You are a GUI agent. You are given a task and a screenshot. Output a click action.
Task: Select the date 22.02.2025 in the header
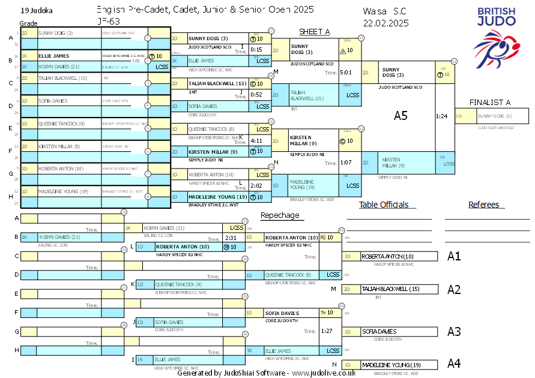(386, 23)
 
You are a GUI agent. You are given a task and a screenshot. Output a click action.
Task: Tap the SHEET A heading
(314, 32)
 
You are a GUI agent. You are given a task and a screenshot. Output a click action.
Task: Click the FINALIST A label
(489, 103)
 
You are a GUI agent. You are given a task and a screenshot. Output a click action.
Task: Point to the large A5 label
(400, 116)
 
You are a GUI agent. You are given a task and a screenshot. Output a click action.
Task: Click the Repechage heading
(279, 215)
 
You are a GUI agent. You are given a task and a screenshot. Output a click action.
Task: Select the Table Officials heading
(384, 205)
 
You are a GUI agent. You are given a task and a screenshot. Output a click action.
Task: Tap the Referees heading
(484, 205)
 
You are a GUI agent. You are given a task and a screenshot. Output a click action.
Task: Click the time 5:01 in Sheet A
(345, 73)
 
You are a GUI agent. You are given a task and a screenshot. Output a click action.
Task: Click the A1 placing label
(454, 256)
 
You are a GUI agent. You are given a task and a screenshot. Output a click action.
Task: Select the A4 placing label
(454, 363)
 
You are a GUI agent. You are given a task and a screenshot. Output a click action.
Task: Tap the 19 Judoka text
(35, 11)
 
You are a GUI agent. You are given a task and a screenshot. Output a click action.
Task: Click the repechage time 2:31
(231, 238)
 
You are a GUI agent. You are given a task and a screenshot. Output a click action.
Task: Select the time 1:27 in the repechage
(327, 331)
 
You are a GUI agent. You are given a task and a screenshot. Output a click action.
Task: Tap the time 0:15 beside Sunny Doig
(256, 50)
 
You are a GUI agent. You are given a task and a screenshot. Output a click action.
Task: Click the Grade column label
(28, 23)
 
